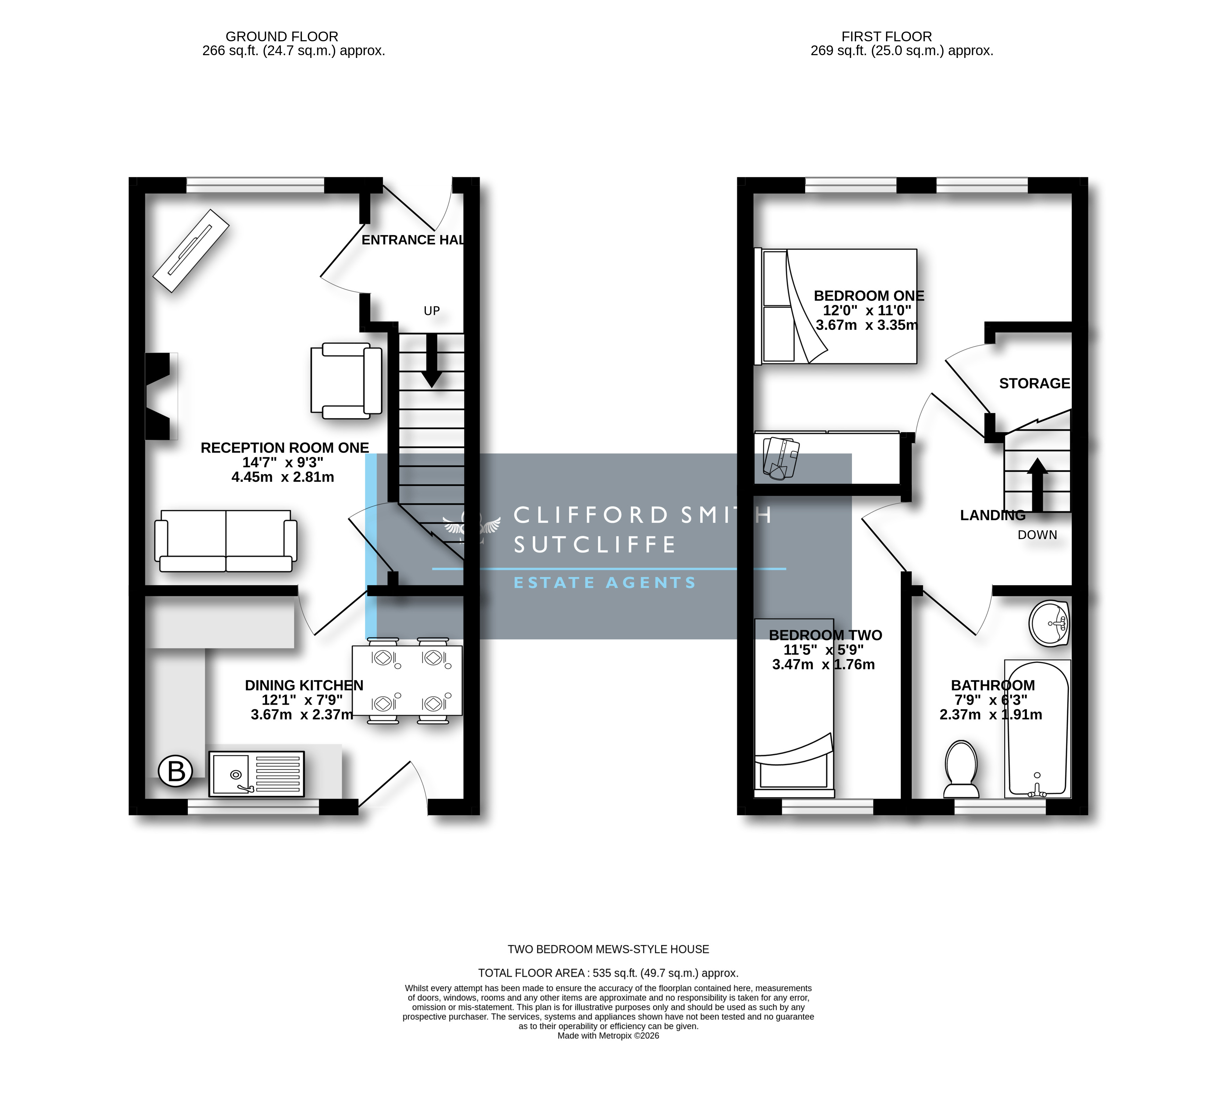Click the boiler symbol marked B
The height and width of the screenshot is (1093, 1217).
pos(175,770)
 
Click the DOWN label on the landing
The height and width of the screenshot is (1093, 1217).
pos(1037,535)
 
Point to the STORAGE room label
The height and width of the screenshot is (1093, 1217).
pos(1034,383)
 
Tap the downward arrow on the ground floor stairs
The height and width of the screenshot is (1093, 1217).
pos(431,360)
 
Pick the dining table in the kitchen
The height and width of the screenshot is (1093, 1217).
pos(407,681)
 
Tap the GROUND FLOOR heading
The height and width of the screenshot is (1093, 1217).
pos(282,37)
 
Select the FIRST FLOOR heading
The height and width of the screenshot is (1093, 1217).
pos(887,37)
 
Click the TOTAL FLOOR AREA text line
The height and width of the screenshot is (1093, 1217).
pos(608,973)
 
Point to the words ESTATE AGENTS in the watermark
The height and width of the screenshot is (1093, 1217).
pos(604,582)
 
